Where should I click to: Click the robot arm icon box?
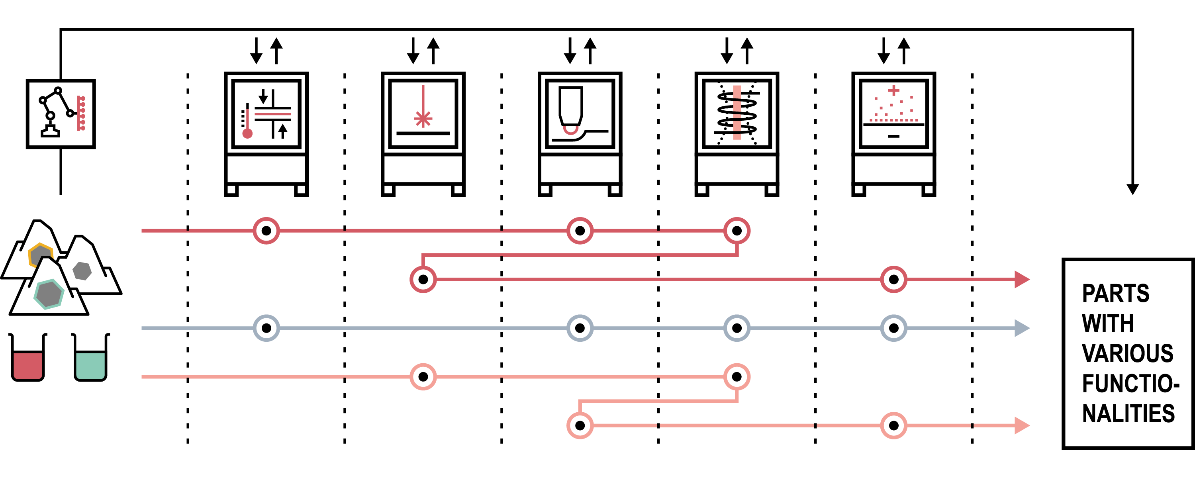(x=61, y=114)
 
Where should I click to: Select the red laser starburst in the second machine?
(x=423, y=119)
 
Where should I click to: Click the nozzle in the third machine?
(x=570, y=107)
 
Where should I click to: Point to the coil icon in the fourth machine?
(x=737, y=113)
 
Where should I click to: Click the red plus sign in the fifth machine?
(x=893, y=90)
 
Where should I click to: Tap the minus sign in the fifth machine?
(x=893, y=136)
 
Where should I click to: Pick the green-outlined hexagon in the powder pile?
(x=49, y=293)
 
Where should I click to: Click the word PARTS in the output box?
(x=1115, y=293)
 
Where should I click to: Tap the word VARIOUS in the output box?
(x=1127, y=353)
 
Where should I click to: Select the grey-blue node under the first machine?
(x=266, y=328)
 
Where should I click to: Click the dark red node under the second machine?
(x=423, y=279)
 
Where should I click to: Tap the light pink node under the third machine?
(x=580, y=425)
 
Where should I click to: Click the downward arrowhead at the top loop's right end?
(x=1132, y=189)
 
